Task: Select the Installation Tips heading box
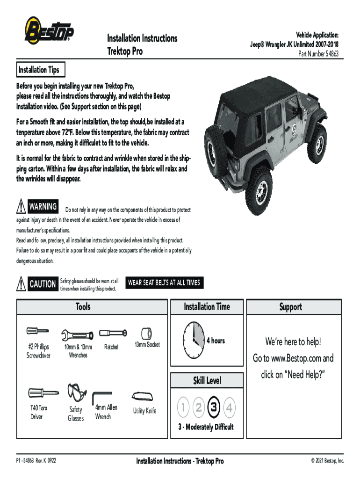coord(39,70)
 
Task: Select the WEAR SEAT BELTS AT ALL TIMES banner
coord(164,283)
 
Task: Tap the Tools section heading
coord(83,307)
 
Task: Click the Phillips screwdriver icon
coord(37,332)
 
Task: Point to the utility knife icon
coord(144,396)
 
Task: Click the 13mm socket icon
coord(146,333)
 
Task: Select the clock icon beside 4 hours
coord(193,340)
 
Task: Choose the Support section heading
coord(290,307)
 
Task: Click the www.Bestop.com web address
coord(296,359)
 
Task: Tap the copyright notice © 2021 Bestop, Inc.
coord(327,461)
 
